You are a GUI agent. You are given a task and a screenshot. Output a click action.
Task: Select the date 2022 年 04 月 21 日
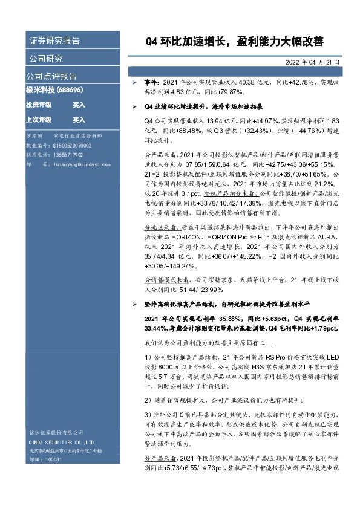point(312,62)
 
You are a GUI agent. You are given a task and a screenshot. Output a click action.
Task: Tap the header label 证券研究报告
point(54,41)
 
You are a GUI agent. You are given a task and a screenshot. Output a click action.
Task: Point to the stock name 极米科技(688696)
point(54,89)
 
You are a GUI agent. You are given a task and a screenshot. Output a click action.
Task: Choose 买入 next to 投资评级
point(79,105)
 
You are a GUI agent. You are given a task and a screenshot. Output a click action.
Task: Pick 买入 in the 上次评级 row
point(79,120)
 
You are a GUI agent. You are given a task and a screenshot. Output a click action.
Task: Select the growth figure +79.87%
point(226,92)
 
